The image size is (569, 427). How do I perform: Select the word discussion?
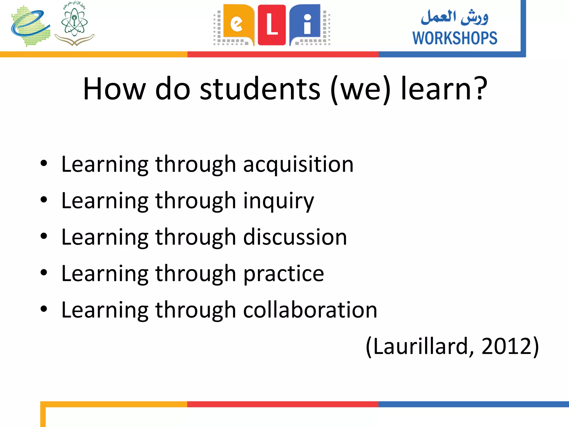(295, 237)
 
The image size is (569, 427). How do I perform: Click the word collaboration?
(310, 310)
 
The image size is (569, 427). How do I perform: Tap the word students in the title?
(260, 89)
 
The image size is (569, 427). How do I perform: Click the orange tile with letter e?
(238, 24)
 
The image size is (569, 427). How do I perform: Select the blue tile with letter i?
(306, 24)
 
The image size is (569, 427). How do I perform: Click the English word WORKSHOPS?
(455, 38)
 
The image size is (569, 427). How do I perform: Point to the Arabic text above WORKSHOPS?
(455, 17)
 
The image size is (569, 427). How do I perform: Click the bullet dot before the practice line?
(44, 272)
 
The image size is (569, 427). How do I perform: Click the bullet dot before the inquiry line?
(44, 200)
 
